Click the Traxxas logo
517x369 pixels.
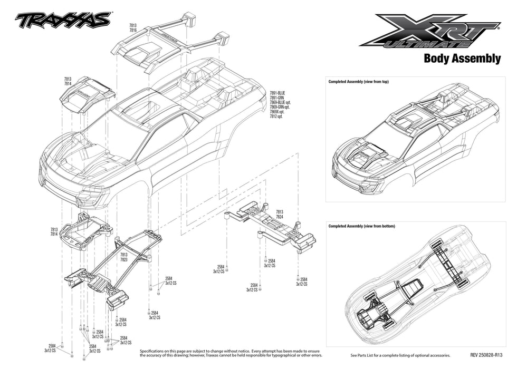point(63,20)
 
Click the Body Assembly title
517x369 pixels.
point(462,59)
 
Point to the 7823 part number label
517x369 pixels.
point(124,259)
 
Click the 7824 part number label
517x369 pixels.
point(280,217)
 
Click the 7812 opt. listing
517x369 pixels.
point(276,116)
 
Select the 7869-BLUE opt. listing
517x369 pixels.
point(281,102)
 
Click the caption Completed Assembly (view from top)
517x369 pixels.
point(358,82)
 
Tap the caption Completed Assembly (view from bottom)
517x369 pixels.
point(361,226)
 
